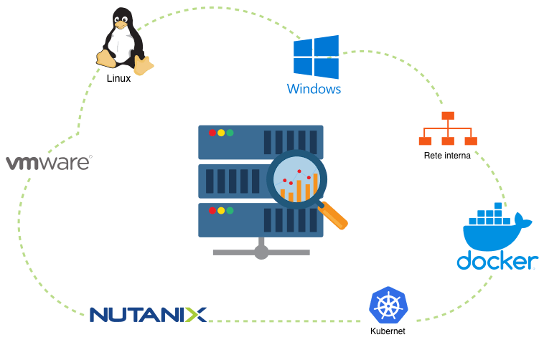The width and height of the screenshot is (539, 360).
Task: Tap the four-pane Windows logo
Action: click(316, 58)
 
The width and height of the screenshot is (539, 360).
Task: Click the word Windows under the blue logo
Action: click(314, 90)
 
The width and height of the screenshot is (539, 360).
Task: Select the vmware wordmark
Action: click(49, 163)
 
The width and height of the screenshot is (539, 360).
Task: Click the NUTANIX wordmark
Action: click(148, 314)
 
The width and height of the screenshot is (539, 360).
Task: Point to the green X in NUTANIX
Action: click(194, 314)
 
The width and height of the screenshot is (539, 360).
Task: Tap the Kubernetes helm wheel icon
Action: click(388, 306)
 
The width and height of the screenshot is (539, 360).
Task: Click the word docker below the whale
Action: click(497, 260)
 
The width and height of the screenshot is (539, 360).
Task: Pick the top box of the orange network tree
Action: click(448, 115)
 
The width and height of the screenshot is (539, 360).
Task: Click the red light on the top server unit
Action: click(212, 133)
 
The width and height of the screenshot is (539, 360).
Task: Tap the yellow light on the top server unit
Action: click(221, 133)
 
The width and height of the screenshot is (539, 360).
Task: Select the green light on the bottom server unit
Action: click(230, 211)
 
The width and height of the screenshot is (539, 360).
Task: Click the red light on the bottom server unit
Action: click(212, 211)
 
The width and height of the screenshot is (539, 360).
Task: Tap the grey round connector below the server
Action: click(261, 252)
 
